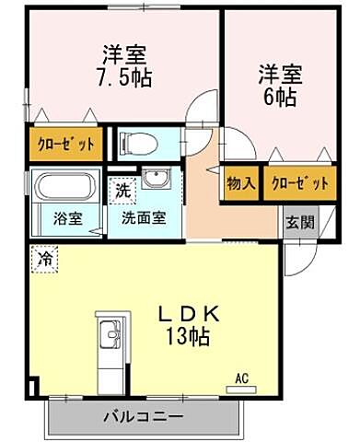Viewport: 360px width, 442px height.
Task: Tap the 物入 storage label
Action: point(241,183)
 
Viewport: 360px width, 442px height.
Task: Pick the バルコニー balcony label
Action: point(142,417)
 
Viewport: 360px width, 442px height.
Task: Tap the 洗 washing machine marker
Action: point(122,192)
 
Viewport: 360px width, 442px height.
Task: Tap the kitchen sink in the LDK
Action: point(106,331)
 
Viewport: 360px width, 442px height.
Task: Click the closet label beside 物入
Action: point(300,183)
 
